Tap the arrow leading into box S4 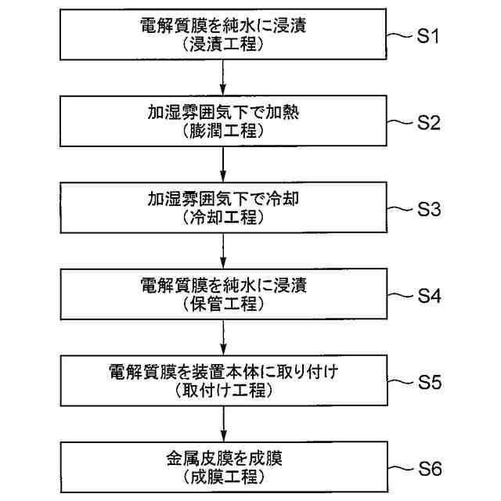click(x=224, y=250)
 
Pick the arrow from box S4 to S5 click(x=224, y=336)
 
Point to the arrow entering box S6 click(x=224, y=423)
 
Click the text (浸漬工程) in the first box click(x=224, y=45)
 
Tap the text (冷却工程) click(x=224, y=218)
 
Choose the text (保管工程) click(x=224, y=304)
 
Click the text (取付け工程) click(x=224, y=391)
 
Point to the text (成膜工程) click(x=224, y=477)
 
